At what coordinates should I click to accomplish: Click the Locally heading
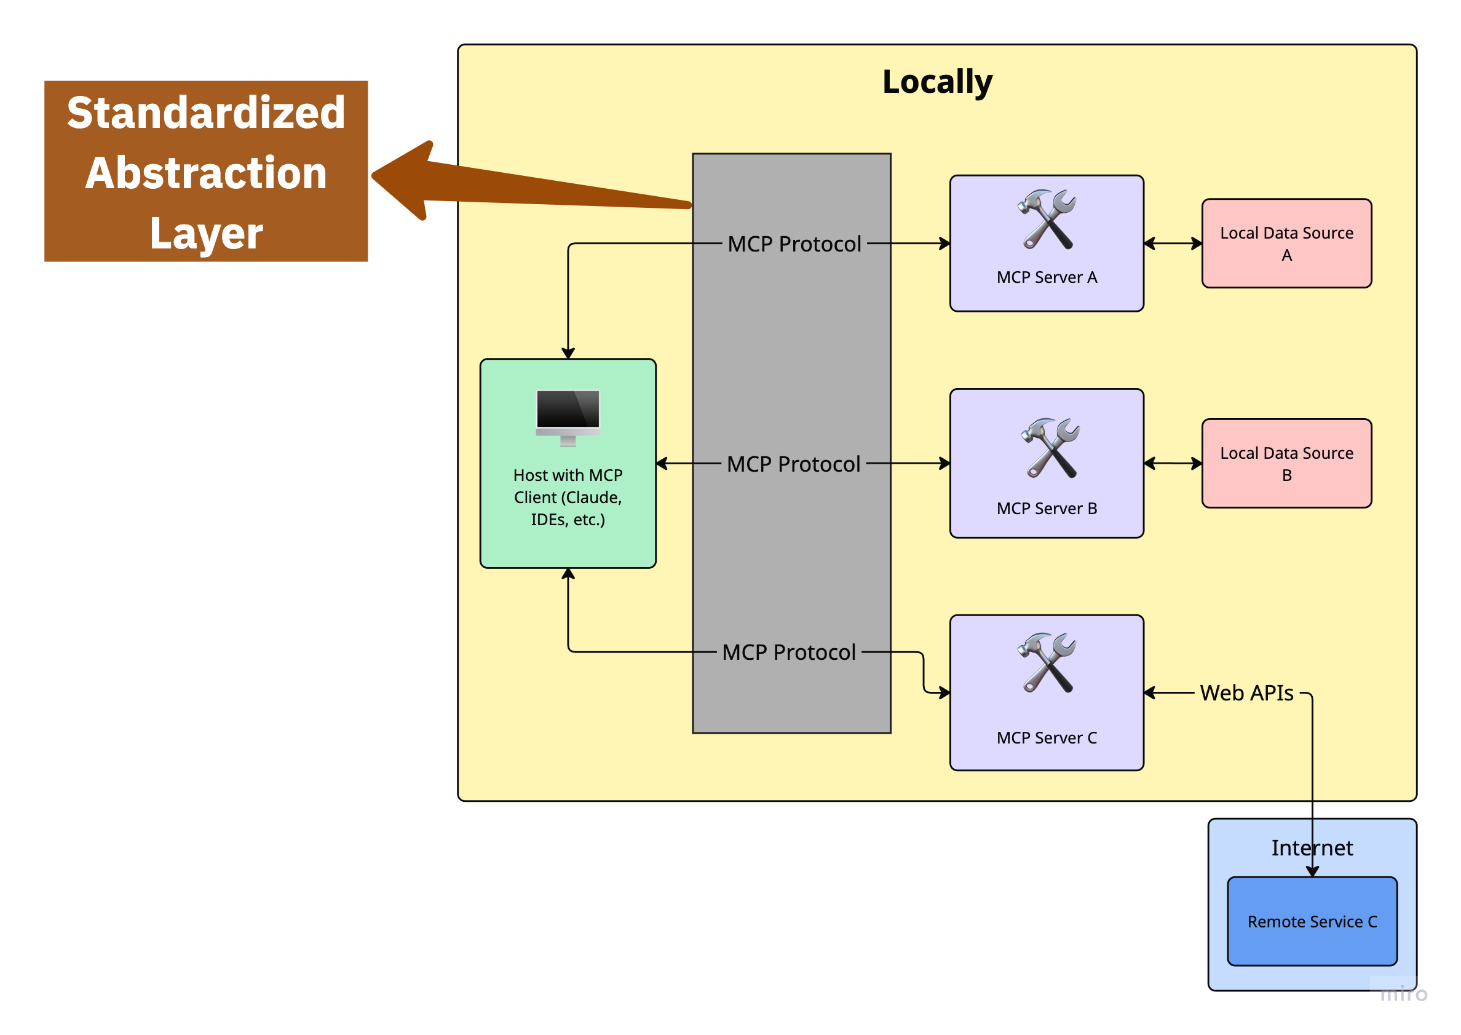click(936, 82)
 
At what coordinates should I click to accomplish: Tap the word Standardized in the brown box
click(206, 113)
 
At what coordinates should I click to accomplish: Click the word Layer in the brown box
click(206, 233)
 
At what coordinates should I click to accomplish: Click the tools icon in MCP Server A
click(1047, 219)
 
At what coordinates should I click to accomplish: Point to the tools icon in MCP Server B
click(1050, 448)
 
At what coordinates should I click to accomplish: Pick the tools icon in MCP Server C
click(1047, 663)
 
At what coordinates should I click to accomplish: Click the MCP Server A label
click(1046, 277)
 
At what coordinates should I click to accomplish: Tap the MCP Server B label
click(1046, 509)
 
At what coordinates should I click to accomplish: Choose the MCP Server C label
click(1046, 737)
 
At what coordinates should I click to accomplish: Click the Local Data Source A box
click(1286, 244)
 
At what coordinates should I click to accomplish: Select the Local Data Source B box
click(1286, 463)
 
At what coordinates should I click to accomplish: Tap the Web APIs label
click(1246, 692)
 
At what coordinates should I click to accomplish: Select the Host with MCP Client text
click(568, 497)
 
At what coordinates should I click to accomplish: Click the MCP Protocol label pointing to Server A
click(794, 244)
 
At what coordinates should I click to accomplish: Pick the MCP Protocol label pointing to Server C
click(788, 652)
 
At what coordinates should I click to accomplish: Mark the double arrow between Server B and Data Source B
click(1173, 463)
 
